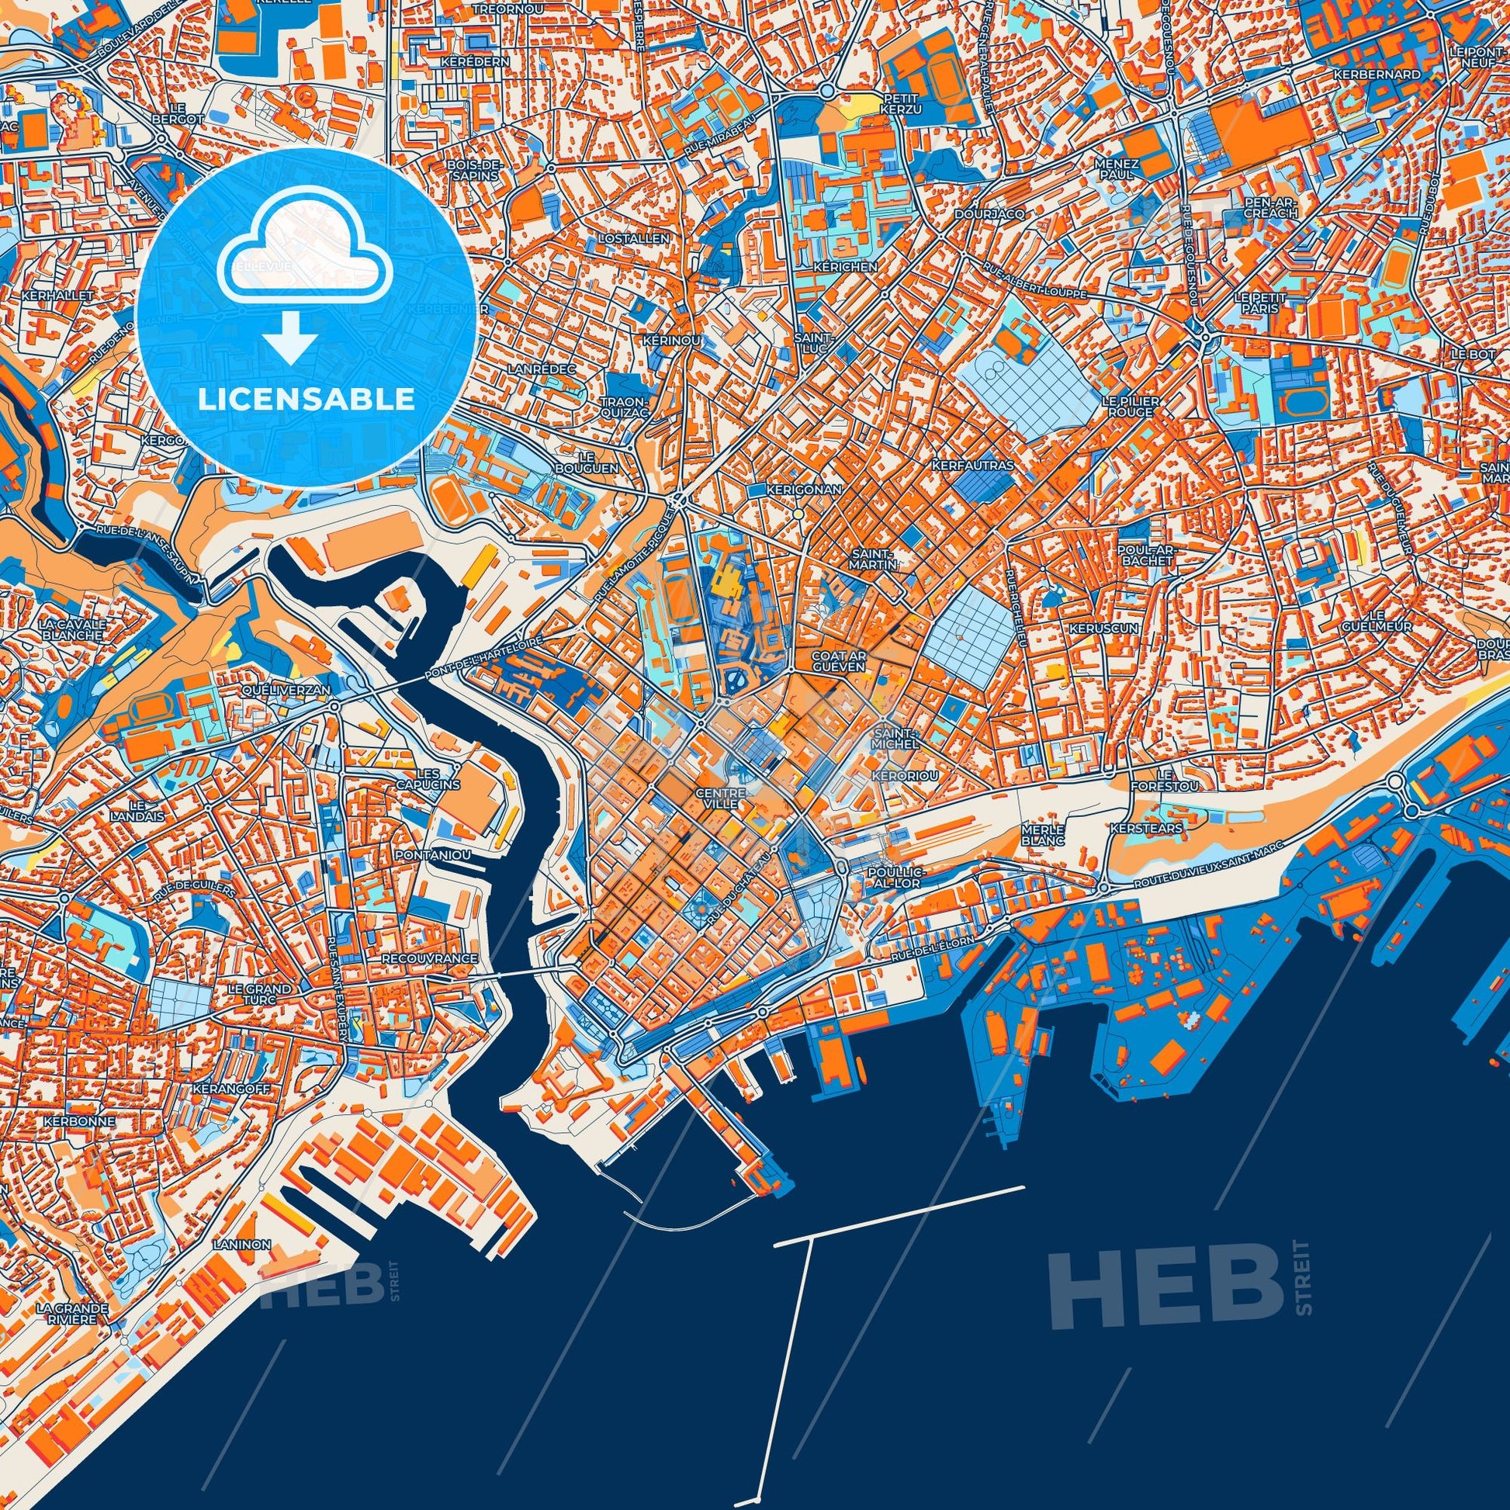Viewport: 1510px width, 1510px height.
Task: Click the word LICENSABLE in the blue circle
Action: [306, 400]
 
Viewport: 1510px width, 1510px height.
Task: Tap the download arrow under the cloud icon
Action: [289, 338]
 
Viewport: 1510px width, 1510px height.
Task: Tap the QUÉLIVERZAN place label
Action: [297, 690]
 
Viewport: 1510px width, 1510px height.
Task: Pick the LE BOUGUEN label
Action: [598, 462]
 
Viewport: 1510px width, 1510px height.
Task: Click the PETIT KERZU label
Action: [901, 105]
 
